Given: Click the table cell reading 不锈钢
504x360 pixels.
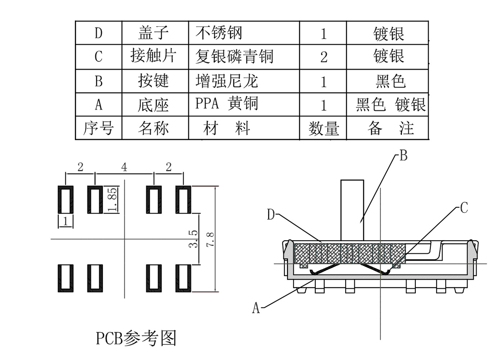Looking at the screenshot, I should click(x=219, y=33).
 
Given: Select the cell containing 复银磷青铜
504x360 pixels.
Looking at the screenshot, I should click(x=234, y=57).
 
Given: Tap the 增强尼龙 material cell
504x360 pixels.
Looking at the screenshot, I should click(x=227, y=81).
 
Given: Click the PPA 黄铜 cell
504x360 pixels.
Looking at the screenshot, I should click(x=227, y=104).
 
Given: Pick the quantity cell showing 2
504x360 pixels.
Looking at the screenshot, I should click(x=323, y=57).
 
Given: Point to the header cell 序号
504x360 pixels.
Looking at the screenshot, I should click(x=98, y=128).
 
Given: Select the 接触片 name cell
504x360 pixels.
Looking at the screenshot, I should click(x=154, y=56).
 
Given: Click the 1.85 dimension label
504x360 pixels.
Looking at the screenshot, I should click(x=112, y=200).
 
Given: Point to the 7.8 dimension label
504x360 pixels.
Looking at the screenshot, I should click(x=210, y=239).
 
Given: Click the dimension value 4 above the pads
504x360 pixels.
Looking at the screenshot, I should click(x=124, y=167).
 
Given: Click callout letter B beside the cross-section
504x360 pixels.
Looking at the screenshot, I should click(x=404, y=156).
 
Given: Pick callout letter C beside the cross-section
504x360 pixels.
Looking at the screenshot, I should click(x=464, y=208).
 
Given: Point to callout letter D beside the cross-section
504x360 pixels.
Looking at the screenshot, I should click(x=271, y=215).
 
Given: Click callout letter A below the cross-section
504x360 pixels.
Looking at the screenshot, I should click(x=256, y=308).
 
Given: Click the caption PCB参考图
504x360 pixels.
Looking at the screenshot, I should click(x=136, y=338).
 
